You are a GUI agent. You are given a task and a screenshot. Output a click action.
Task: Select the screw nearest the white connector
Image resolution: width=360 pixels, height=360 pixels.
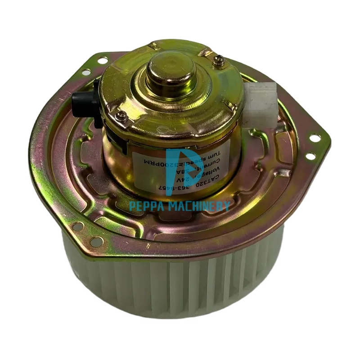coord(219,60)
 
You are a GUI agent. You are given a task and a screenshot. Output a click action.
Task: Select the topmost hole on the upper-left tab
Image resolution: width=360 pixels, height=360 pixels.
coord(103,60)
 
